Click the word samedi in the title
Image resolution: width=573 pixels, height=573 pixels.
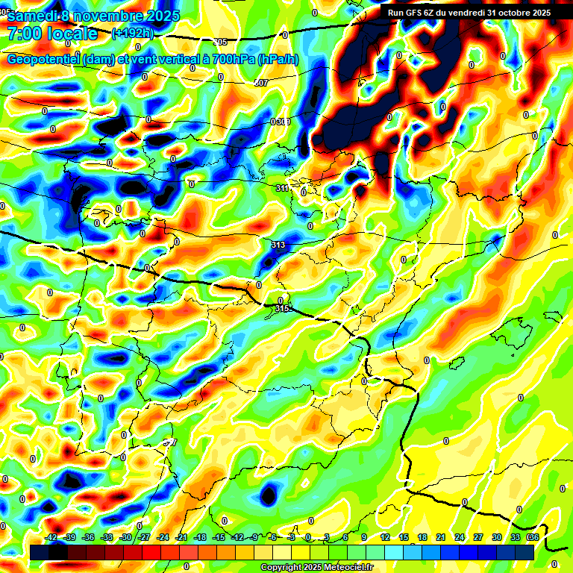(x=31, y=15)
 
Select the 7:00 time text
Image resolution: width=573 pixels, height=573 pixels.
(x=25, y=34)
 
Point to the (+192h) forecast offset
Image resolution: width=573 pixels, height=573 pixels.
(x=132, y=33)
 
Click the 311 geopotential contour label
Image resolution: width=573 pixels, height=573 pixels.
(x=282, y=188)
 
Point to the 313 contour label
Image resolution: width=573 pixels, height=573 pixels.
(x=278, y=245)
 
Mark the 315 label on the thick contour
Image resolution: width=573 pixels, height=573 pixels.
(x=281, y=308)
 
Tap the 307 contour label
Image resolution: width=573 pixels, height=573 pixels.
(x=260, y=83)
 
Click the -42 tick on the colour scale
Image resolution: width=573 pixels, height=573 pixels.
(x=51, y=537)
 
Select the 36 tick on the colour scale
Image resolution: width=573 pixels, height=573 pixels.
(x=533, y=537)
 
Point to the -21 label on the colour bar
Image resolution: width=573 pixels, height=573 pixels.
(x=181, y=537)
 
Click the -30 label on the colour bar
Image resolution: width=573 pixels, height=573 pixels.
(x=125, y=537)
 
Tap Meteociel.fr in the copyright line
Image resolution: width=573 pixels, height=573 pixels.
(x=346, y=567)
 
